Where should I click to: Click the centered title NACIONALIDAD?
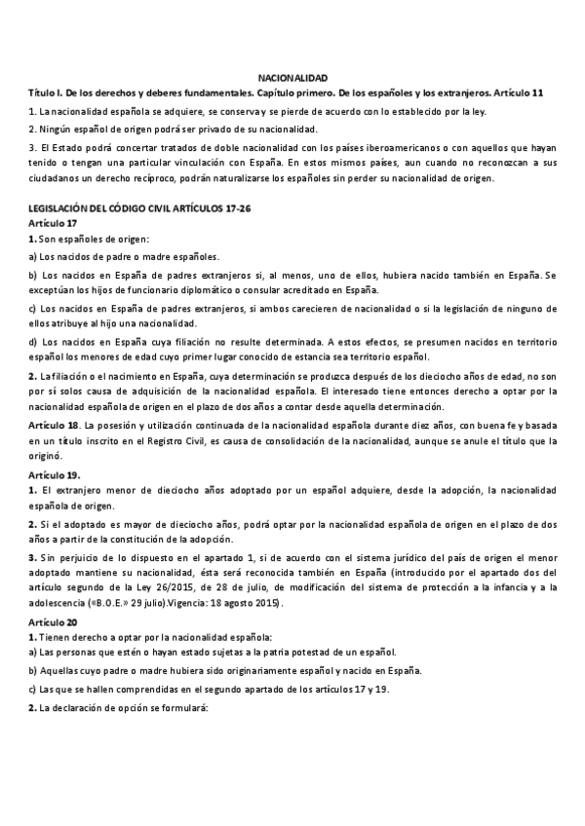(292, 77)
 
